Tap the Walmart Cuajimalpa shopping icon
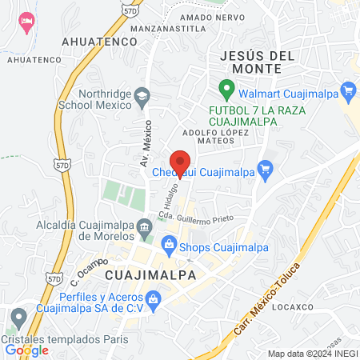point(347,90)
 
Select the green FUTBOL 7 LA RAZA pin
point(226,89)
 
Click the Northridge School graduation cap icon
point(142,94)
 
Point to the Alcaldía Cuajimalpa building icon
point(144,227)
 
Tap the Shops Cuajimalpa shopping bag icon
point(169,245)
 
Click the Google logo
point(26,349)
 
